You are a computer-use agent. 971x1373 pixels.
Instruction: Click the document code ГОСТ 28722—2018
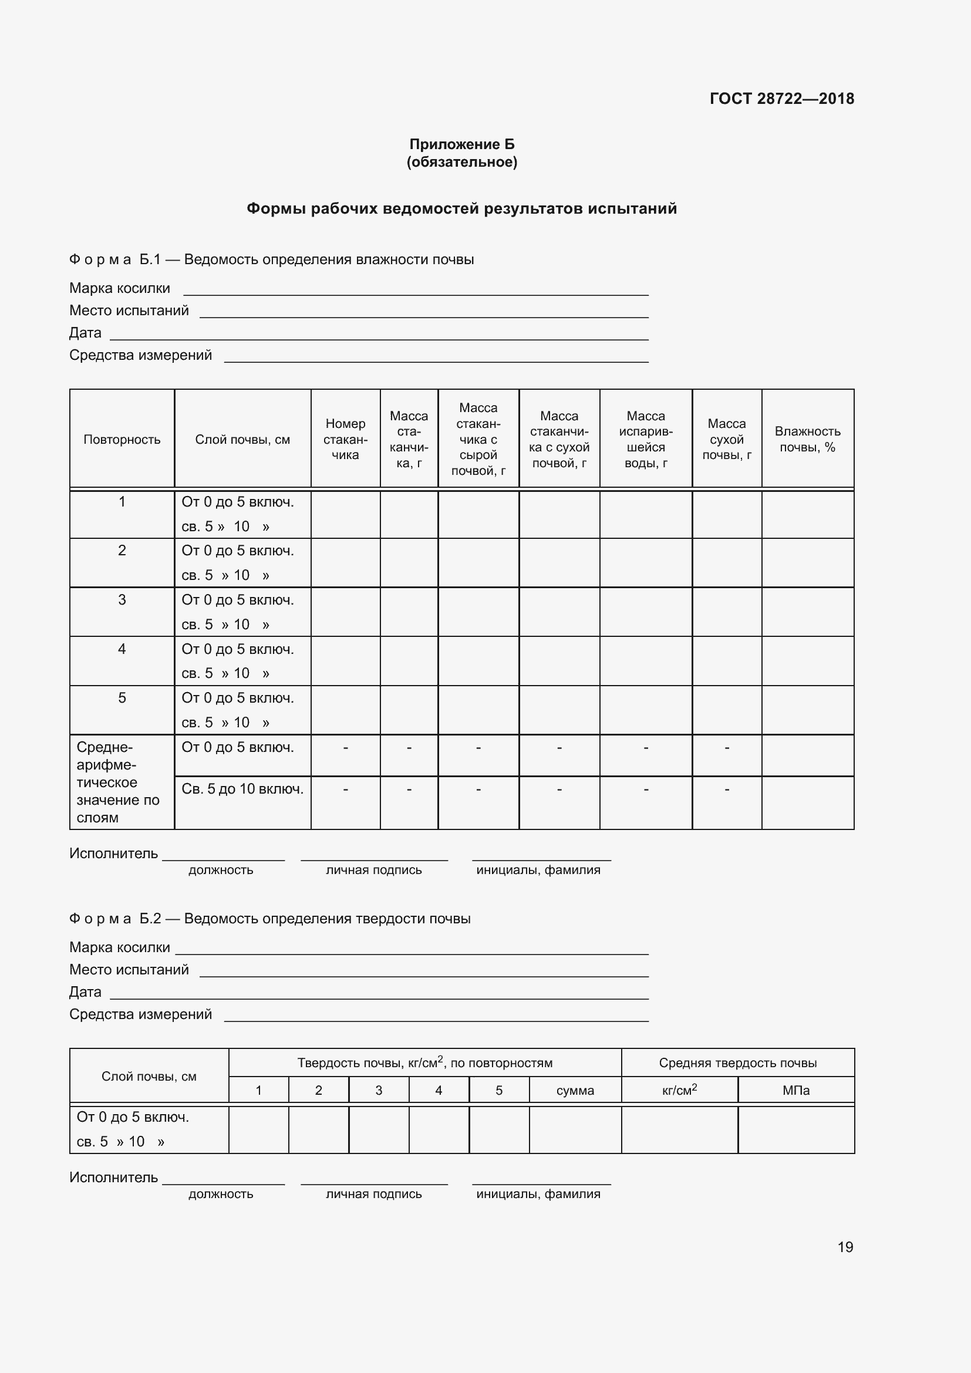coord(781,99)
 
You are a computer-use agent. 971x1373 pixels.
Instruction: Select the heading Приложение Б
coord(461,144)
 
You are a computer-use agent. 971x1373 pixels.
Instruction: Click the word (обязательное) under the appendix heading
coord(461,162)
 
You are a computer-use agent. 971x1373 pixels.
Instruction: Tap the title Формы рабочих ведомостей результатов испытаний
coord(461,209)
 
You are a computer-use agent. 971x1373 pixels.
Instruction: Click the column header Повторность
coord(122,440)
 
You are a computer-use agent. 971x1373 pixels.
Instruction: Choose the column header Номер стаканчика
coord(345,440)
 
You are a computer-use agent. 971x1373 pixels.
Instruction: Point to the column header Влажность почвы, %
coord(807,440)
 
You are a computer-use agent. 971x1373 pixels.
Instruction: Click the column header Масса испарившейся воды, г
coord(646,440)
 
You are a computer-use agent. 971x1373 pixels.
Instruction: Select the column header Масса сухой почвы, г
coord(726,440)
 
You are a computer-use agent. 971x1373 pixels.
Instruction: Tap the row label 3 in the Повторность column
coord(122,600)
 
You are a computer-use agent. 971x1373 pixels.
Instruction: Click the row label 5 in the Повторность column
coord(122,698)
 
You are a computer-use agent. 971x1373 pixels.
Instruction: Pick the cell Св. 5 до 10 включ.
coord(242,790)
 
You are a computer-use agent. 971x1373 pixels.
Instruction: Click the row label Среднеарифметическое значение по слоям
coord(118,782)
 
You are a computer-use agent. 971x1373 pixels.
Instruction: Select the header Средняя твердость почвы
coord(738,1062)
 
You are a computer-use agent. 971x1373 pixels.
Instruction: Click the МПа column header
coord(796,1090)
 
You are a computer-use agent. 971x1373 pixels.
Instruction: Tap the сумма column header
coord(575,1090)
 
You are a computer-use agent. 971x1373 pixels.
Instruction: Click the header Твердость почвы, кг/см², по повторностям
coord(424,1062)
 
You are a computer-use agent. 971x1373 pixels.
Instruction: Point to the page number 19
coord(845,1247)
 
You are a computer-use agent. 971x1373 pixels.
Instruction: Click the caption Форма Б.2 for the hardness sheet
coord(115,919)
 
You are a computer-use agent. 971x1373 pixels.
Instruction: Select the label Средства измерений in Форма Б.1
coord(140,355)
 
